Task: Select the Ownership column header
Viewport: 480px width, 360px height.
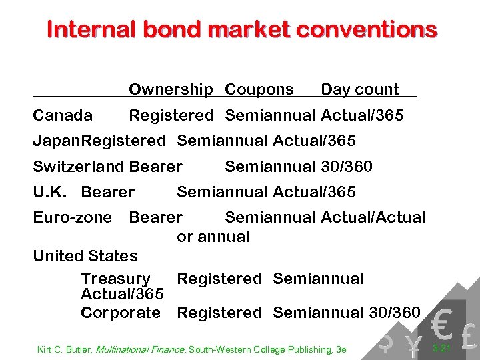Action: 171,89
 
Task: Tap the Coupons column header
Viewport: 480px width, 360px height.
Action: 259,89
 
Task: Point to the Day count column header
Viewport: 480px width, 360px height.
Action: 360,89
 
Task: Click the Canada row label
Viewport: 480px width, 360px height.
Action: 63,115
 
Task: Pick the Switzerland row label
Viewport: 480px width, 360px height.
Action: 79,167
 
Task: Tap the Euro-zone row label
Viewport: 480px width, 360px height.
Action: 73,217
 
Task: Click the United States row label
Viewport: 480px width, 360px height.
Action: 85,256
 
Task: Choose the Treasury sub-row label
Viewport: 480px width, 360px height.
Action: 115,279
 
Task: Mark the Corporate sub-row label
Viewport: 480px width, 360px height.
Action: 121,312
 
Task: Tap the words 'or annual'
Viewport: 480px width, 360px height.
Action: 213,237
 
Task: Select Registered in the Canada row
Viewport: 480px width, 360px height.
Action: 171,115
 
